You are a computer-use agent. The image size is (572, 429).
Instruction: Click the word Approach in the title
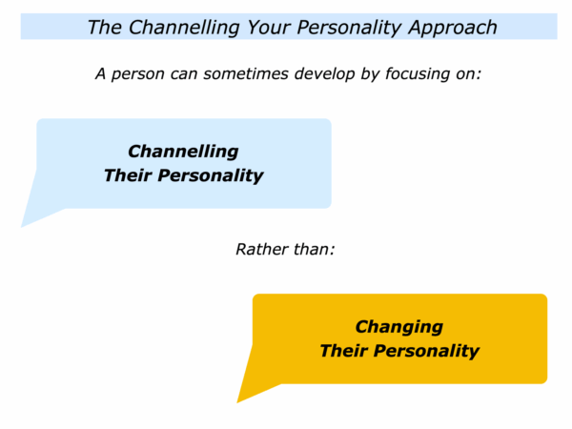click(x=453, y=28)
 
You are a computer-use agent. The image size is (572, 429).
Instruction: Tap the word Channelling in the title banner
click(x=184, y=28)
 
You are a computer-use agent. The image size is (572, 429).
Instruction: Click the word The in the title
click(x=104, y=27)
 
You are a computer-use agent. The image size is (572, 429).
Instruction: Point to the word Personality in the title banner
click(x=349, y=28)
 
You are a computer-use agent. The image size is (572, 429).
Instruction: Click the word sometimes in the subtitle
click(x=246, y=73)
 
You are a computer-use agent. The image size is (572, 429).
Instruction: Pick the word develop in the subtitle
click(x=325, y=74)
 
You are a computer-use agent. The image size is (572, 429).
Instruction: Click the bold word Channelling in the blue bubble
click(x=183, y=152)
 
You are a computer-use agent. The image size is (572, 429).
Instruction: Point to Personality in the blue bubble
click(x=211, y=176)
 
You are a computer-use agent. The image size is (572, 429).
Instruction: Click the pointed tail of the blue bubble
click(x=23, y=226)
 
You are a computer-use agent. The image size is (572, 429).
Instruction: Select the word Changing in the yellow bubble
click(x=399, y=327)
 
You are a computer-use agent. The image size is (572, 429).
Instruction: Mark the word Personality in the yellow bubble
click(x=426, y=352)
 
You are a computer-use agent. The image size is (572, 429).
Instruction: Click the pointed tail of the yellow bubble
click(x=238, y=401)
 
